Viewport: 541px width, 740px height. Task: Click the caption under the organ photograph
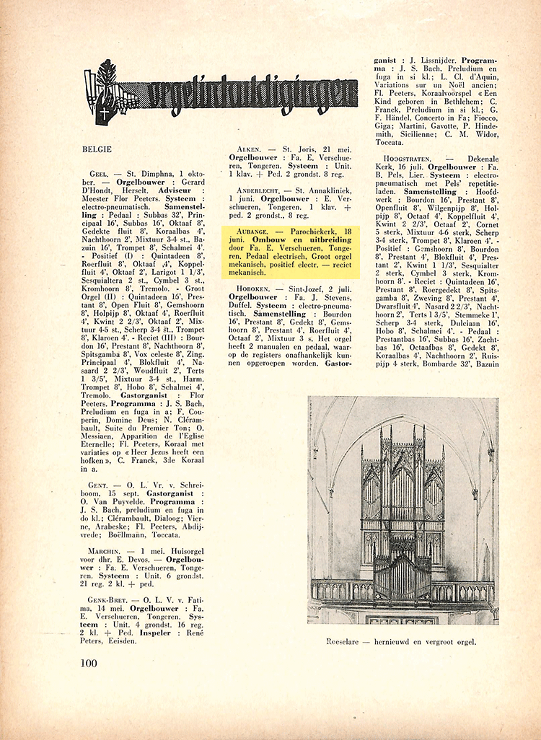click(403, 640)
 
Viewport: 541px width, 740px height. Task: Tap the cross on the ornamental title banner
click(105, 113)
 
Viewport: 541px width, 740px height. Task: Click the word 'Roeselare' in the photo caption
click(344, 640)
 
